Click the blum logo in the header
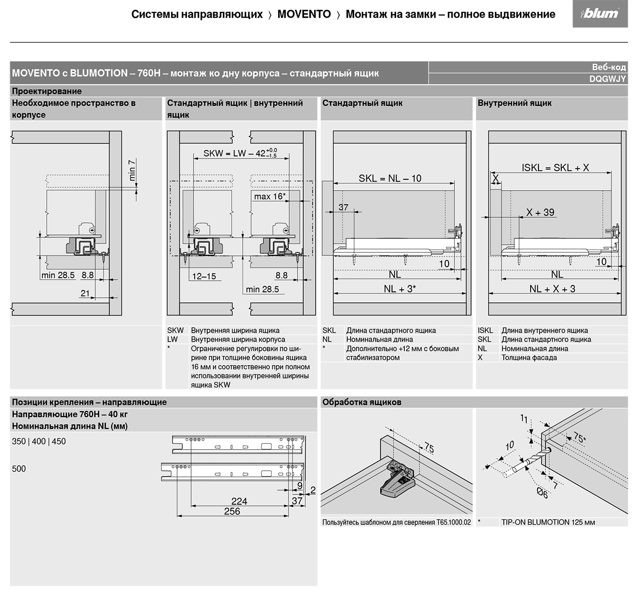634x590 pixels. (600, 14)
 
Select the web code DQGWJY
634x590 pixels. (607, 79)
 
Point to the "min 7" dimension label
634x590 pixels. (132, 170)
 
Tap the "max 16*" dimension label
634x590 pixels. (270, 196)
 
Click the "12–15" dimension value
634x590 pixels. (204, 276)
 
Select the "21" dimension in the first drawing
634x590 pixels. (85, 293)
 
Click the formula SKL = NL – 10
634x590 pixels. (390, 178)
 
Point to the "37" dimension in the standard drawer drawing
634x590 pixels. (343, 207)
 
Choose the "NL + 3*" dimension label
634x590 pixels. (399, 289)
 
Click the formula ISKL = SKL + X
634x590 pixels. (555, 168)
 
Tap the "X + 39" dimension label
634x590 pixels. (540, 212)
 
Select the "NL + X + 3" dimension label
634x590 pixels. (552, 289)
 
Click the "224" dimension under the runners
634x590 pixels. (239, 501)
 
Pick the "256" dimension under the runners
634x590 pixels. (232, 511)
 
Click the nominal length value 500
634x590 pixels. (19, 469)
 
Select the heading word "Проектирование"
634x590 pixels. (47, 91)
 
